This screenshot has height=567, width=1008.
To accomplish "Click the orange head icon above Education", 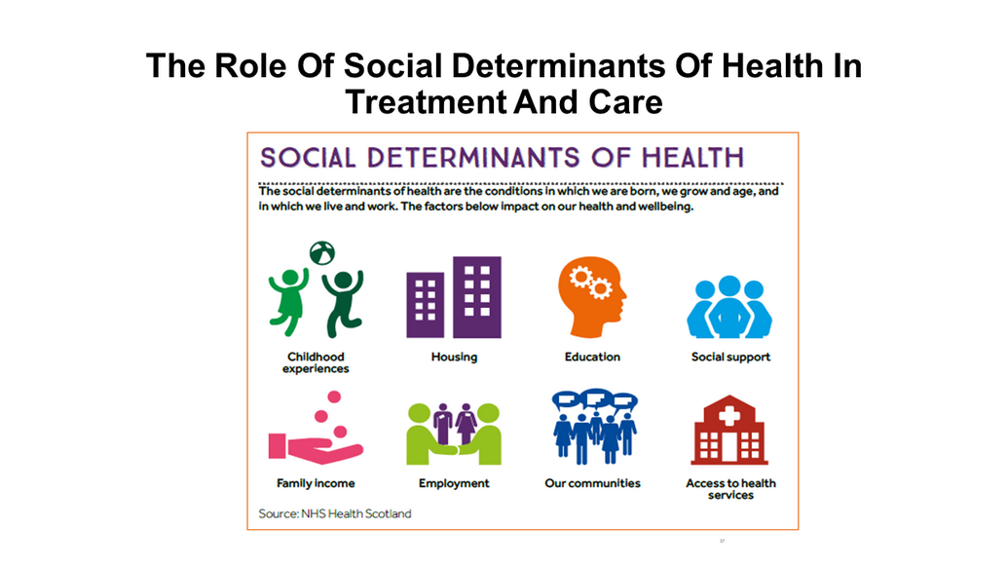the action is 591,297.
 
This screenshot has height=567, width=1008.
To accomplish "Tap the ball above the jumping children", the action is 322,252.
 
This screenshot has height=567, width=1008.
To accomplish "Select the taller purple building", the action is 477,297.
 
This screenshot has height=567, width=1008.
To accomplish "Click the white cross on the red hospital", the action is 729,416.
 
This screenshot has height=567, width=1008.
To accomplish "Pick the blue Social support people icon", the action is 729,307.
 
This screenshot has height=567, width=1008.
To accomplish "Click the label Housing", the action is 454,357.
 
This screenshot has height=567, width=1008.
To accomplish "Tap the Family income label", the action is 316,483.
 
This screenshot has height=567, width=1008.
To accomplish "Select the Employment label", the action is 454,483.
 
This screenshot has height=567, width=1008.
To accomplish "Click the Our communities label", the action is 592,483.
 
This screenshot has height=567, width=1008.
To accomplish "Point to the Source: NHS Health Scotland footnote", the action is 335,513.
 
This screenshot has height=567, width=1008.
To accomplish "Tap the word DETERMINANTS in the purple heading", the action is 473,158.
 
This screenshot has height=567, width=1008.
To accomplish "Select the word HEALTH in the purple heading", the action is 692,158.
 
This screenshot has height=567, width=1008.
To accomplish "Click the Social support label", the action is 730,357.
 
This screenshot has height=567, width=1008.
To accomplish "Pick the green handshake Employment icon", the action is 454,434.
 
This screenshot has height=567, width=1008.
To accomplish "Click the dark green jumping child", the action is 343,302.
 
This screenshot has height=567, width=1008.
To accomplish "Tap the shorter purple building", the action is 425,305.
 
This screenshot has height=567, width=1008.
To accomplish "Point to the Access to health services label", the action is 730,488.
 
